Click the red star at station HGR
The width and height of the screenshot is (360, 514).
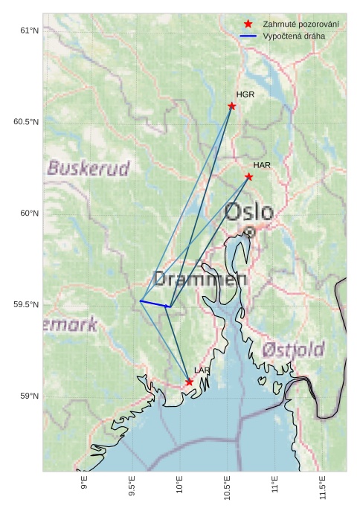[232, 106]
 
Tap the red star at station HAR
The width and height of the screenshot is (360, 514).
[248, 176]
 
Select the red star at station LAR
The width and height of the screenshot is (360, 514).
[189, 382]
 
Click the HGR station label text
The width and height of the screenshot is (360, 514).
[245, 94]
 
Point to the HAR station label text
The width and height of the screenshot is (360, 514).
[262, 164]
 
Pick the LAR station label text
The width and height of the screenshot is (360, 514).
[202, 370]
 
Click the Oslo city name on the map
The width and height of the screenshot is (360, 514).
[248, 212]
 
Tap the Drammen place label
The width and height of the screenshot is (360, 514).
[199, 279]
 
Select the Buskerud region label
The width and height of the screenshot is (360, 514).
[88, 167]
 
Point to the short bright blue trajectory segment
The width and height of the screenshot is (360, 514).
[155, 303]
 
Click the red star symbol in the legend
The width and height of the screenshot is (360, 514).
[248, 25]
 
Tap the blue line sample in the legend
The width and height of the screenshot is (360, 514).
[248, 36]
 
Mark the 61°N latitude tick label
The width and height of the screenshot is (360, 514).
[28, 30]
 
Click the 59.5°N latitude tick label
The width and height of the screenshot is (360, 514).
[25, 305]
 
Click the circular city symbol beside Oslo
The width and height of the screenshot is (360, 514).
[250, 232]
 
